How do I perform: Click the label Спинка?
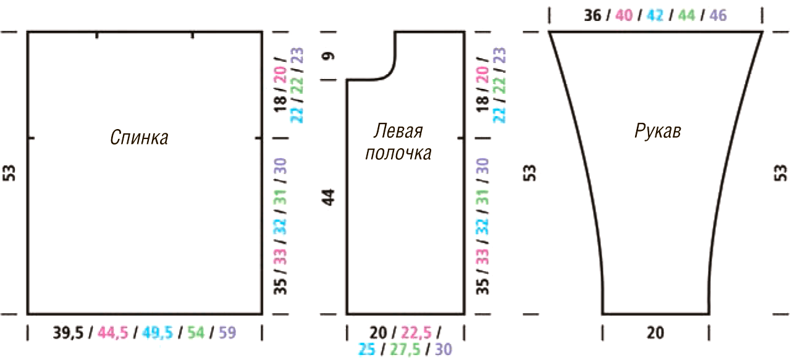[x=139, y=137]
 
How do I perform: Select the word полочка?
[x=398, y=153]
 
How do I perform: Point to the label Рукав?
[x=658, y=132]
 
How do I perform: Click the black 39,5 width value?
[x=68, y=333]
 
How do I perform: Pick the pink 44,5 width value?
[x=113, y=333]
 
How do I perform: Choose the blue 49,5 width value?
[x=158, y=333]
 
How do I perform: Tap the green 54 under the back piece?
[x=196, y=333]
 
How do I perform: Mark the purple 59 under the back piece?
[x=227, y=333]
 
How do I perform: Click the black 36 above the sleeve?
[x=593, y=15]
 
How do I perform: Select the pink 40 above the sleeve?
[x=624, y=15]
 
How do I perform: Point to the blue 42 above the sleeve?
[x=655, y=15]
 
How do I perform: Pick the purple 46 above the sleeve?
[x=718, y=15]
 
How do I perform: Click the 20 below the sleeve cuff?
[x=655, y=333]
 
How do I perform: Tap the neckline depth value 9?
[x=329, y=56]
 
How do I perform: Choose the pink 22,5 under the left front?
[x=416, y=333]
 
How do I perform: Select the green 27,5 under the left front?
[x=405, y=350]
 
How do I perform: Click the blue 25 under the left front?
[x=367, y=350]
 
